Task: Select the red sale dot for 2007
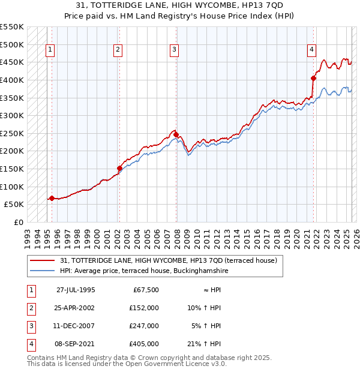tap(176, 135)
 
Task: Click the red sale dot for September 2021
tap(313, 78)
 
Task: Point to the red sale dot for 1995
tap(52, 198)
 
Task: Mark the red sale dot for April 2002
tap(119, 169)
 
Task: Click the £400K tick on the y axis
tap(12, 80)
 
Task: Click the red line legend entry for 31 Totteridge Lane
tap(168, 260)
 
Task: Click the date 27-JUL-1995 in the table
tap(76, 290)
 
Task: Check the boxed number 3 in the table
tap(30, 326)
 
